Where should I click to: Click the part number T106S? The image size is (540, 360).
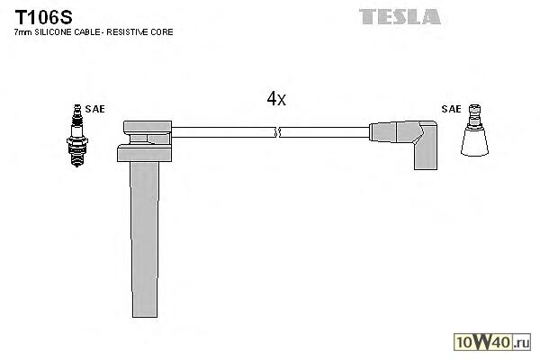pos(39,15)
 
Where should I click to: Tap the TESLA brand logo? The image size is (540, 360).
pos(400,16)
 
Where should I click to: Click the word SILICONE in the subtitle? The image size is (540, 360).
pos(53,32)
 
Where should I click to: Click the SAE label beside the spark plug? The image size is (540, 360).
pos(95,109)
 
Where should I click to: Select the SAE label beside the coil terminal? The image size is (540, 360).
pos(451,109)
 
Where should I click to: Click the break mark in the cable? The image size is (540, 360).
pos(278,132)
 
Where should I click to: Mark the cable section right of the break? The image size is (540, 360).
pos(325,132)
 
